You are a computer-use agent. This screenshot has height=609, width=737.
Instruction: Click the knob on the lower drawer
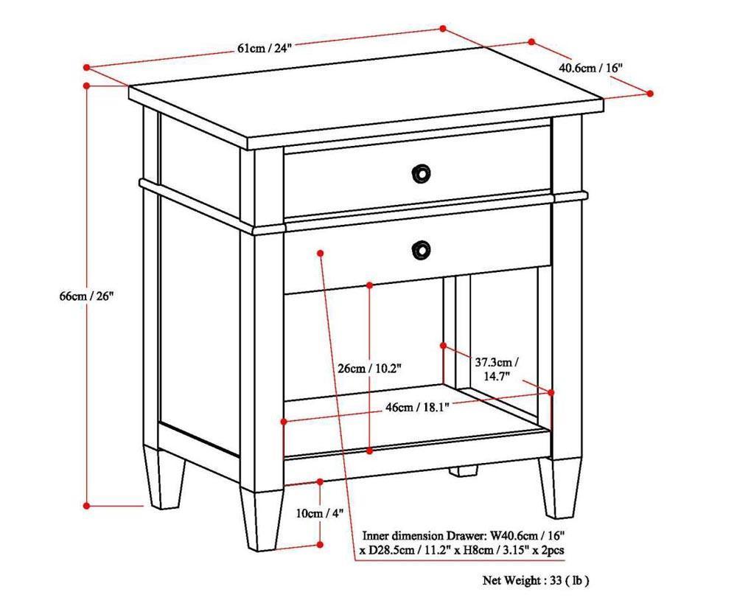tap(420, 249)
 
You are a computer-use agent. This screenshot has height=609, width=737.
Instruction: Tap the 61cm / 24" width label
tap(265, 48)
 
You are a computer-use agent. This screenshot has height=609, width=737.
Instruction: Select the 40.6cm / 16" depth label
tap(591, 67)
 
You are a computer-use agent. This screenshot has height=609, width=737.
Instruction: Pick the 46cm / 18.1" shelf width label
tap(416, 406)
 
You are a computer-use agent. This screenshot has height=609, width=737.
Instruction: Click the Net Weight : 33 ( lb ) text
tap(536, 580)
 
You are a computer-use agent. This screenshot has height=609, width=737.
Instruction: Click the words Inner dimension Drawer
tap(425, 535)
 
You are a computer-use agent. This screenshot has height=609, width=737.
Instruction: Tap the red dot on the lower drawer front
tap(321, 253)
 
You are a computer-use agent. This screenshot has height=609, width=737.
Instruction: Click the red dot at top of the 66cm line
tap(87, 86)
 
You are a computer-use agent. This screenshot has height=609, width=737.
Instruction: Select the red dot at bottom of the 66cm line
tap(87, 506)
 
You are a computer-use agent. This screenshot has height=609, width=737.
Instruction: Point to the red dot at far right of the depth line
tap(650, 93)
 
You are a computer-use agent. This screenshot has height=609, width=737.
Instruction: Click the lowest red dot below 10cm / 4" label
tap(320, 545)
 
